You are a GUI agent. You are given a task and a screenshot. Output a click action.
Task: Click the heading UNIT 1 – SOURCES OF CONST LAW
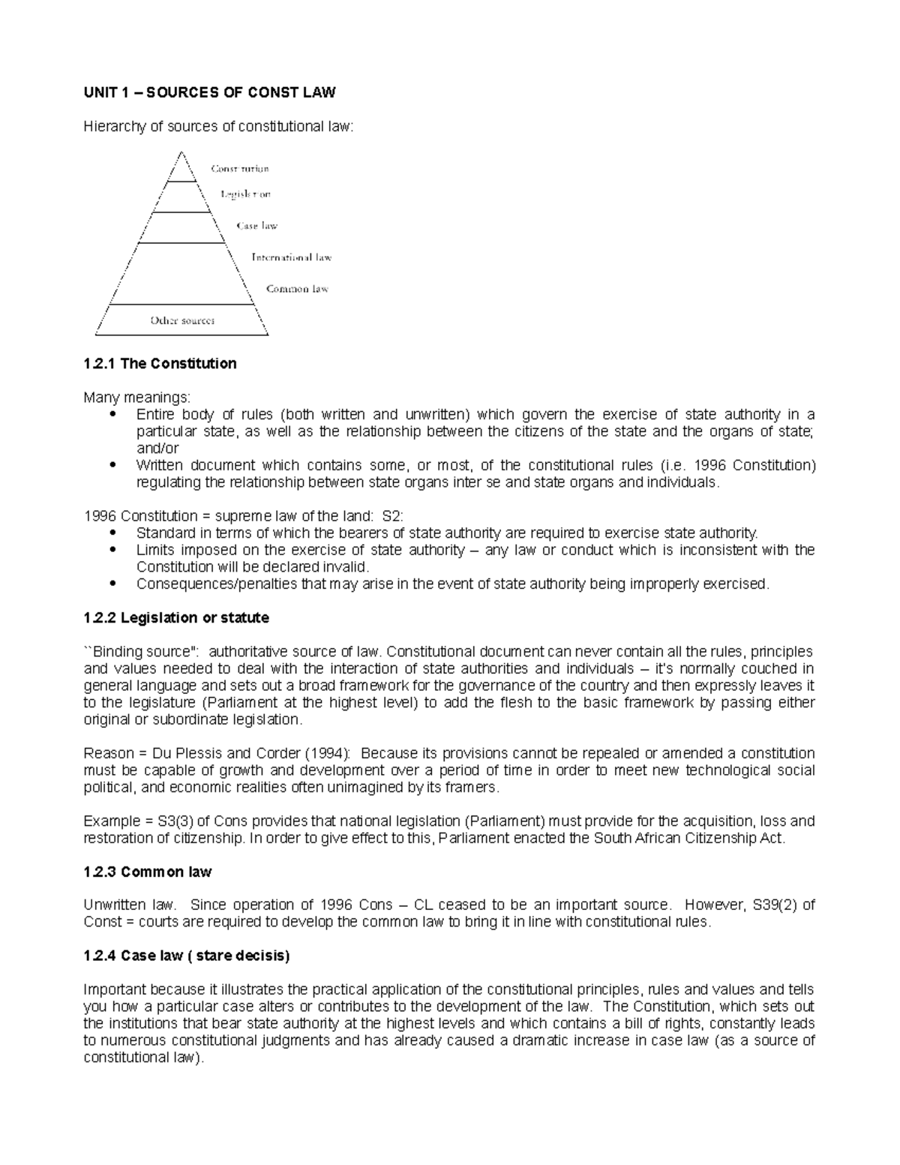coord(209,92)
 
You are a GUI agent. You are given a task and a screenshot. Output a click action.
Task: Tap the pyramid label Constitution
coord(239,169)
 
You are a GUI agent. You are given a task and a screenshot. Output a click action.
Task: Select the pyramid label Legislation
coord(245,194)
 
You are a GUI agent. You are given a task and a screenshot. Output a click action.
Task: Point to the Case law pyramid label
coord(256,226)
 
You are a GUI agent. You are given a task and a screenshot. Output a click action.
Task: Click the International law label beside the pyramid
coord(291,257)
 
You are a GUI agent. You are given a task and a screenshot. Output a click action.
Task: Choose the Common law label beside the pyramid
coord(297,289)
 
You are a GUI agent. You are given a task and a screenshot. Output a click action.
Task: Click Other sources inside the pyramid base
coord(182,320)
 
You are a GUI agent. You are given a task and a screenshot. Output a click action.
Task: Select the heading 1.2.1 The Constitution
coord(160,364)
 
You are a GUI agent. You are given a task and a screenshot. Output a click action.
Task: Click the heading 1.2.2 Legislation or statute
coord(176,618)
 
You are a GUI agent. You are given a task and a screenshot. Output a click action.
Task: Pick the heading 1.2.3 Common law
coord(148,872)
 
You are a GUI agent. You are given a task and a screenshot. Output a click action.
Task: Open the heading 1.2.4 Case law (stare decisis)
coord(186,956)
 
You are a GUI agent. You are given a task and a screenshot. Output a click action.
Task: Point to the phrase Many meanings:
coord(127,397)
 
